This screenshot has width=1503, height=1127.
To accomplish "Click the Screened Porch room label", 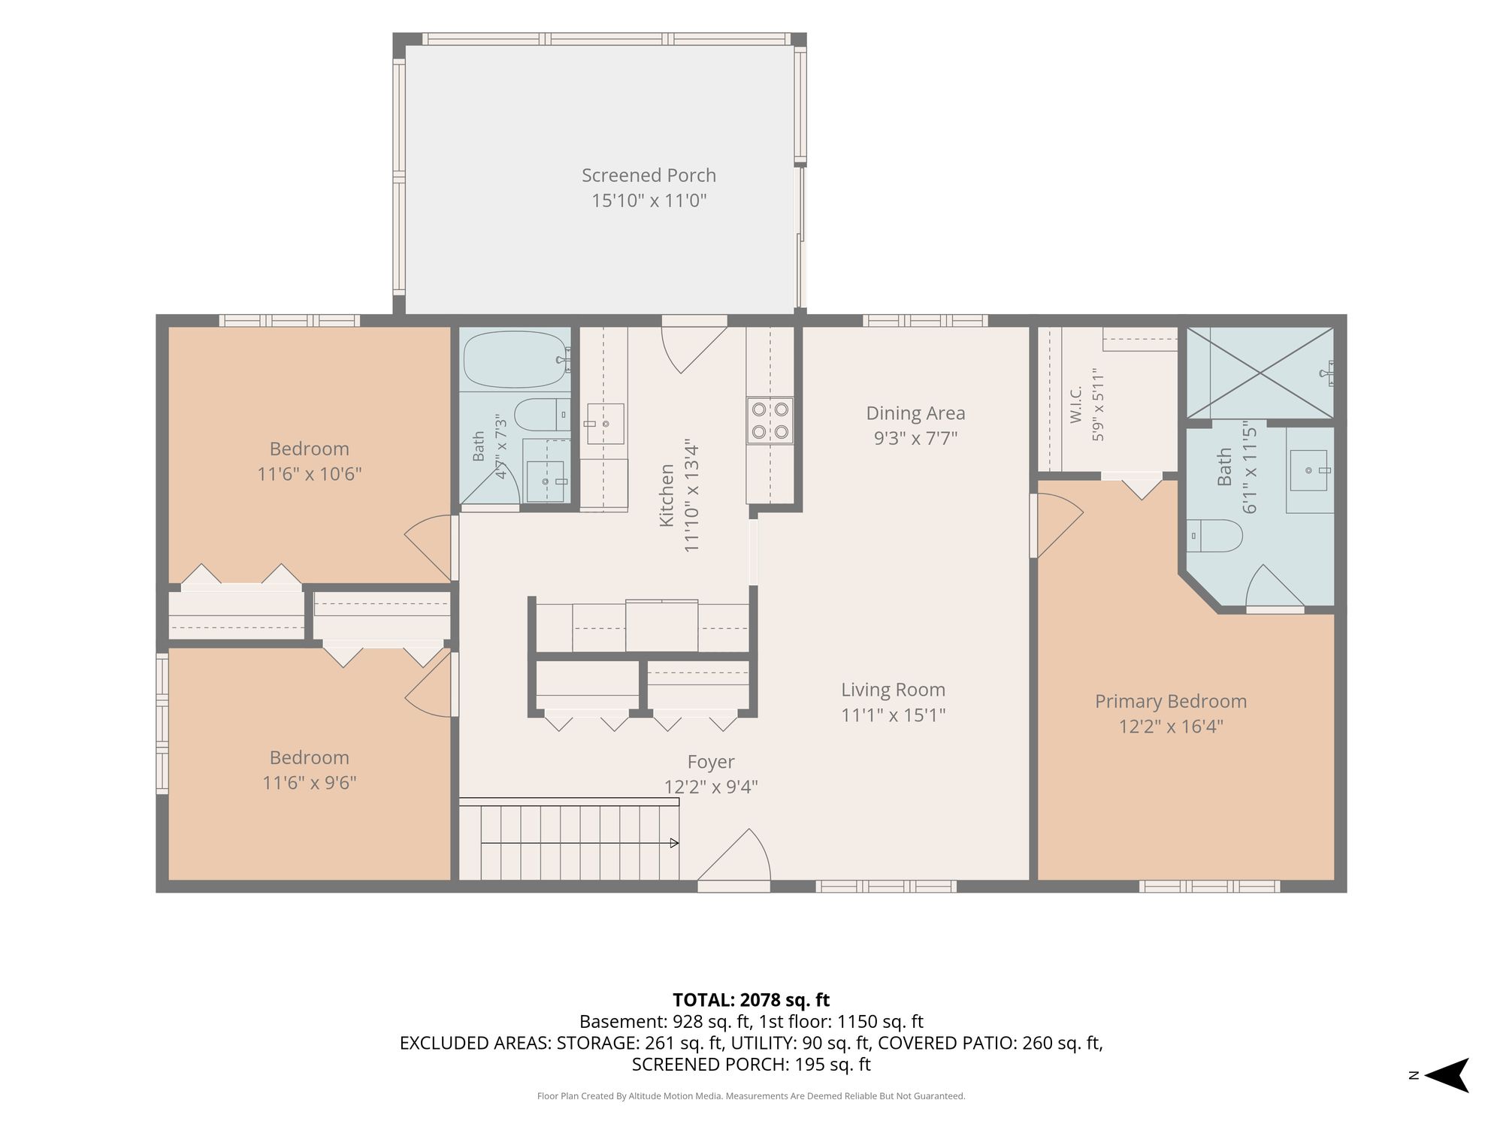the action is [x=649, y=175].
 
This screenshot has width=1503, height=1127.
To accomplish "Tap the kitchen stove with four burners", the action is [x=770, y=420].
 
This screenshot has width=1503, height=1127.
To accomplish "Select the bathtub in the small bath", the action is [x=516, y=359].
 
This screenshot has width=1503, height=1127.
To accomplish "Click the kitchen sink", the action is [x=604, y=424].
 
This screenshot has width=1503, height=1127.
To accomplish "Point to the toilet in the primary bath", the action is [x=1214, y=536].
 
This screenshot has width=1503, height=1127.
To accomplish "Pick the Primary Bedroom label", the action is [x=1171, y=701].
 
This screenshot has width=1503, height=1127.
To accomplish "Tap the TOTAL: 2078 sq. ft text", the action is [x=751, y=1000].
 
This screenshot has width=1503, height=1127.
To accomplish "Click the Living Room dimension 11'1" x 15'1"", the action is [x=893, y=715].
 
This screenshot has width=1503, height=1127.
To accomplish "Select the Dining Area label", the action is [x=915, y=413].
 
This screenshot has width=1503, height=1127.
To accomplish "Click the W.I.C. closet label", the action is [x=1075, y=404].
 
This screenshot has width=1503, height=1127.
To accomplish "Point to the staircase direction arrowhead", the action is [x=674, y=843].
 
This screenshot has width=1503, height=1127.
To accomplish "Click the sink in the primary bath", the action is [x=1309, y=470].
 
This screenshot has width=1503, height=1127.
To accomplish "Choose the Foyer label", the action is [x=711, y=762].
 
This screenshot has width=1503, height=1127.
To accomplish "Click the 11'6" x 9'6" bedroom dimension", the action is [x=309, y=783].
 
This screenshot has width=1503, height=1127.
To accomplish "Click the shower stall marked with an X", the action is [x=1260, y=373].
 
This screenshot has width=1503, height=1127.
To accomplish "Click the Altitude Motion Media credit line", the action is [x=751, y=1096].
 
